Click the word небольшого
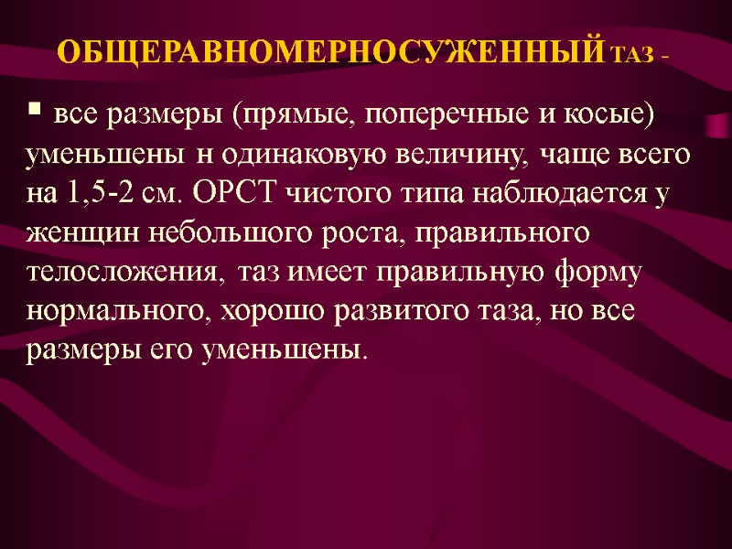click(209, 234)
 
